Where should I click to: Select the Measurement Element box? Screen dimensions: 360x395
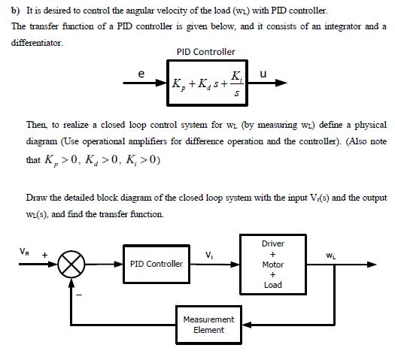(x=208, y=325)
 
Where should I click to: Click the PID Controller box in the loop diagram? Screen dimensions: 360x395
(x=156, y=265)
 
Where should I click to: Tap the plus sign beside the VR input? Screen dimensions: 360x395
(x=43, y=253)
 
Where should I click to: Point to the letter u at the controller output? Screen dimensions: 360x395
(x=262, y=74)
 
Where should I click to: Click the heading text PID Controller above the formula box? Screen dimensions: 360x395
(x=205, y=51)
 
